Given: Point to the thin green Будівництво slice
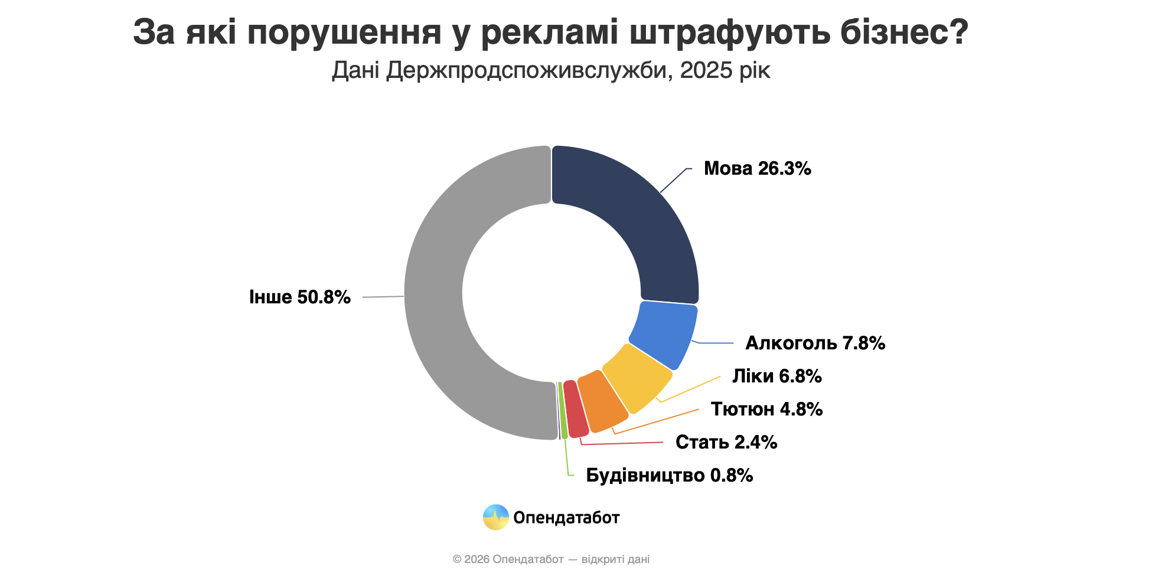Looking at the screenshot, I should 563,411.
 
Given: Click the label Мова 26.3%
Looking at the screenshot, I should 757,169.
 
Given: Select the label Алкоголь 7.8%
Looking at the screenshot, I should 815,343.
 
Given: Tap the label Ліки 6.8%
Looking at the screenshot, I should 776,376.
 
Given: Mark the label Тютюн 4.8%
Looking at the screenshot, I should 766,409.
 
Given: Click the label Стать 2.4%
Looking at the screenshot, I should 726,442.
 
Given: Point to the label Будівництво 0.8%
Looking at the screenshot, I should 669,475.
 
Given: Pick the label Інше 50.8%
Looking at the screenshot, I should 299,297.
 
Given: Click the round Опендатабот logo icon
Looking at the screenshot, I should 495,518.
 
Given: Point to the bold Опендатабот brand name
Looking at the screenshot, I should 566,518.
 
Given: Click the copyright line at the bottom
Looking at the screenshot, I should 550,559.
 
